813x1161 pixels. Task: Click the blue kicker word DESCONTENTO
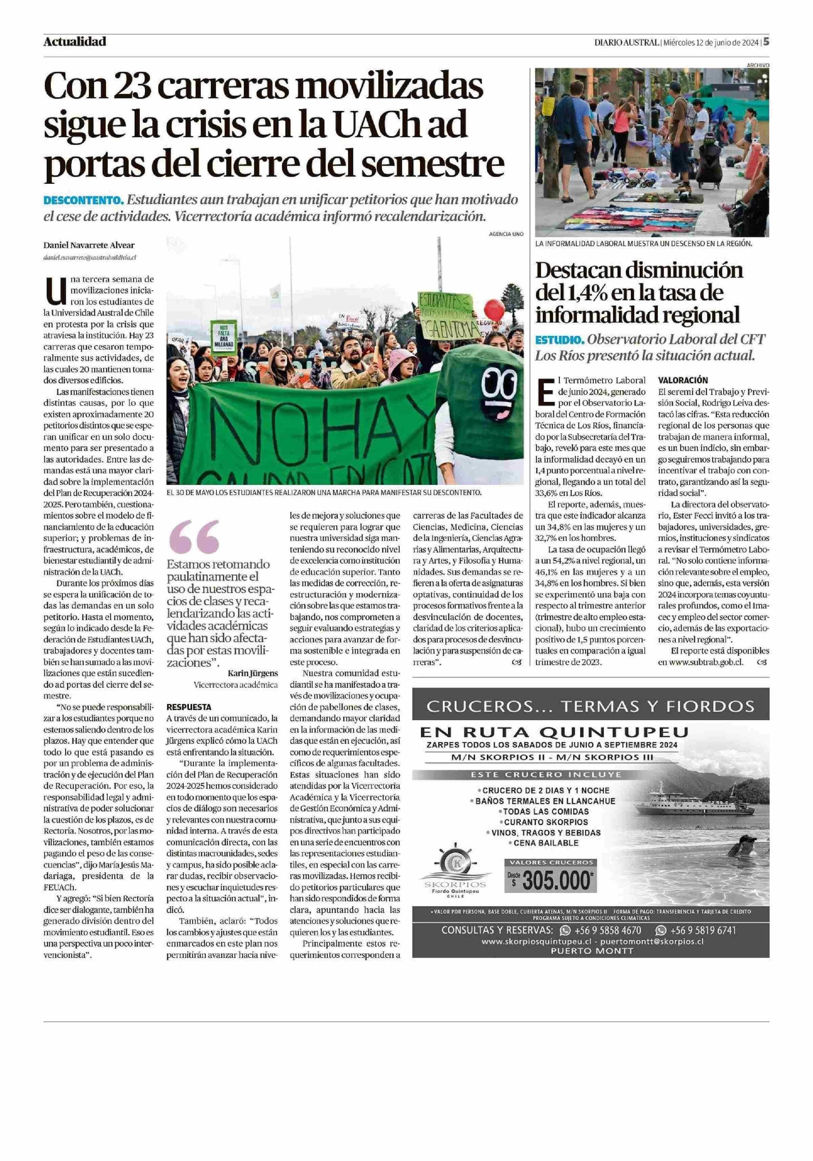[83, 200]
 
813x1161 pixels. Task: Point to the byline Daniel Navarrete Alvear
[89, 245]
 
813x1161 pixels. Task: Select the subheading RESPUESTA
[189, 707]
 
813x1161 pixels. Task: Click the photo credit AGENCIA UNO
[506, 234]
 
